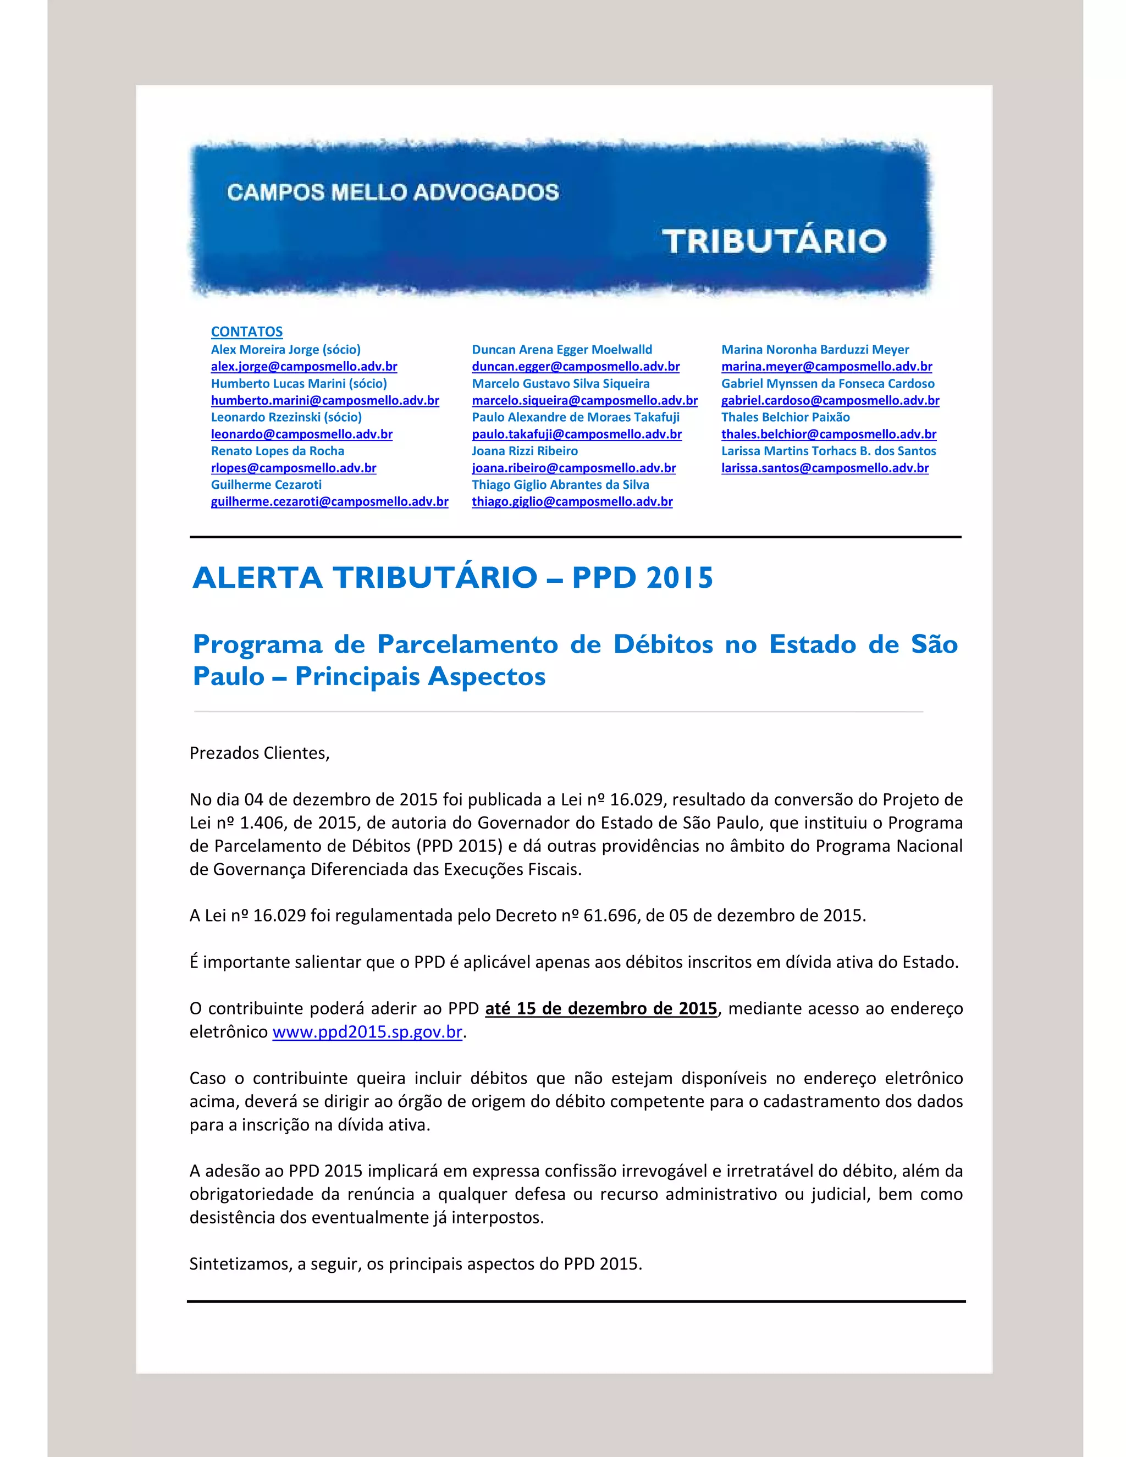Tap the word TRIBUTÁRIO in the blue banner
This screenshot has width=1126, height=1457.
774,241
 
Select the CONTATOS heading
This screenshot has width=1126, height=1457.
247,332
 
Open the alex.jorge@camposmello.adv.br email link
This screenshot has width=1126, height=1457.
304,366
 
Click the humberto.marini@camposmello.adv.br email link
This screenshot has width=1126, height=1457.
325,400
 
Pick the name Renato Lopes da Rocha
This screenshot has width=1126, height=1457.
278,451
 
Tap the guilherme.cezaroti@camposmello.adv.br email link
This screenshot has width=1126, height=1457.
329,501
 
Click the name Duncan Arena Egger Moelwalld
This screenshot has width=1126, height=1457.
562,350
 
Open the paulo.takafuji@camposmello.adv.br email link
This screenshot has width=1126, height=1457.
576,434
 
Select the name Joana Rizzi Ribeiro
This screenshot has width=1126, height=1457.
525,451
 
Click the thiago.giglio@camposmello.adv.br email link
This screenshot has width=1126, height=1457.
572,501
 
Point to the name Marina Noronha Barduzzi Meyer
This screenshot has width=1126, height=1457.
815,350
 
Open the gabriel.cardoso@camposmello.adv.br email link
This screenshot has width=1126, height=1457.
830,400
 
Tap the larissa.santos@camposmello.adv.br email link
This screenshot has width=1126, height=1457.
825,468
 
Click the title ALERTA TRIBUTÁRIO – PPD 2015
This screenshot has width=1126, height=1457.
453,578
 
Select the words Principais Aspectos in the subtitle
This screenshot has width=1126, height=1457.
420,676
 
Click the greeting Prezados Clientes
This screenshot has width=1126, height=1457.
260,753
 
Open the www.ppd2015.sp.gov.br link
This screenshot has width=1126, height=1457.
368,1031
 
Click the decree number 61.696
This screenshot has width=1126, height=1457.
610,915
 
